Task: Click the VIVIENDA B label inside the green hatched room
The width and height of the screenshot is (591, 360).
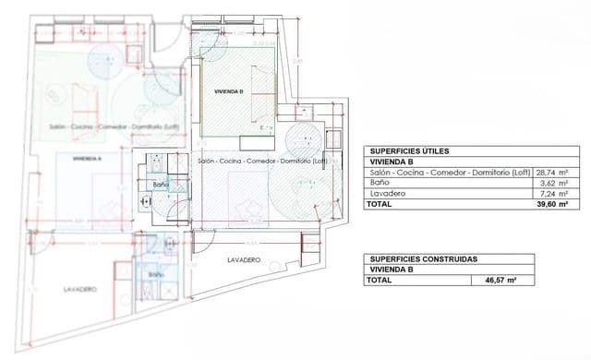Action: click(x=227, y=93)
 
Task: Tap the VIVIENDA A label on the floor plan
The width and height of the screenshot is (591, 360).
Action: click(x=87, y=158)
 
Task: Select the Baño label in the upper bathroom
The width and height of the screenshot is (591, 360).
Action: click(x=162, y=185)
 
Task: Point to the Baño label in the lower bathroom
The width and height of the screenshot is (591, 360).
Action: click(x=156, y=275)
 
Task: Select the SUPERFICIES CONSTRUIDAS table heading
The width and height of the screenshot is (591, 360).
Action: click(x=419, y=259)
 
